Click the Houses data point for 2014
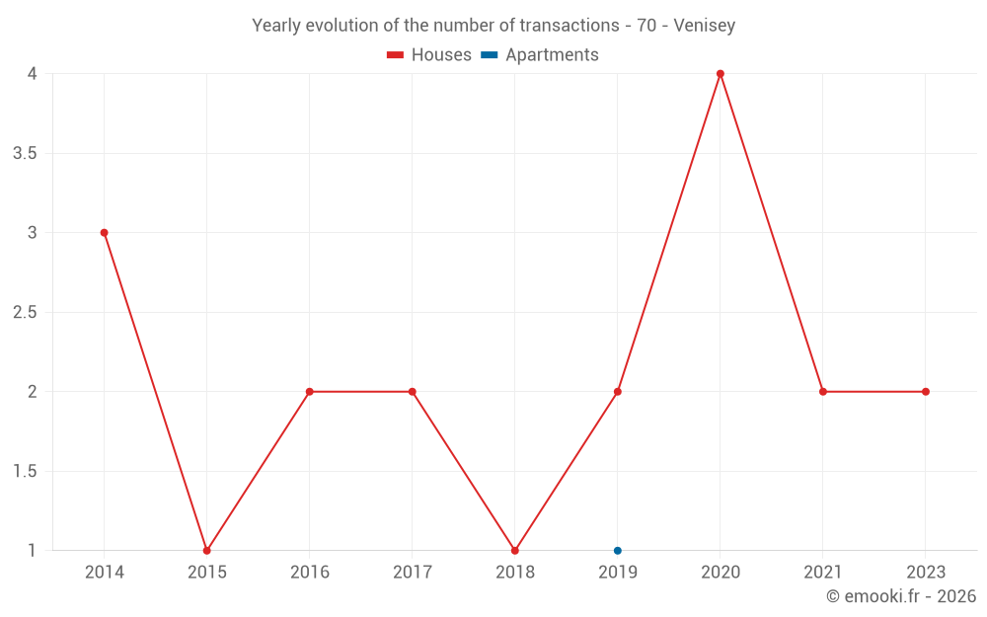tap(104, 233)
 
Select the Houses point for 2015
tap(206, 550)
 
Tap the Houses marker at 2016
tap(309, 392)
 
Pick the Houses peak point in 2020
tap(721, 74)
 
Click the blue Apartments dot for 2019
tap(618, 550)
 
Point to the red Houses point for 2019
tap(618, 392)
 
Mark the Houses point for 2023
tap(926, 392)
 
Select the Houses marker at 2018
tap(514, 550)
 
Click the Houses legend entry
tap(429, 55)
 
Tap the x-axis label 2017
tap(412, 572)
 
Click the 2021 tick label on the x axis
tap(823, 572)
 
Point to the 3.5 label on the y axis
tap(25, 153)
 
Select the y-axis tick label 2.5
tap(25, 312)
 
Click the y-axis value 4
tap(33, 74)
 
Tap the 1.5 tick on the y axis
tap(25, 471)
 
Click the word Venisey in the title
tap(705, 26)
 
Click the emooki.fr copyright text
tap(900, 596)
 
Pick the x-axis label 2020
tap(721, 572)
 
